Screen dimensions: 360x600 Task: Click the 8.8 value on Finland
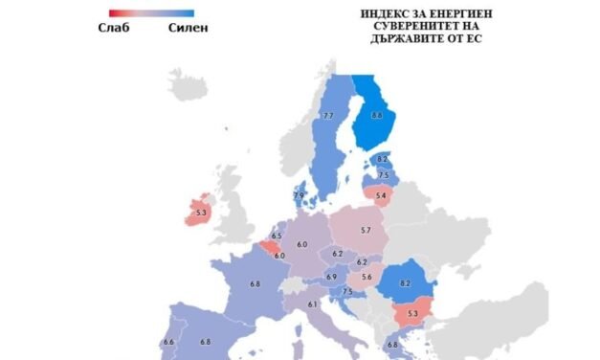[377, 116]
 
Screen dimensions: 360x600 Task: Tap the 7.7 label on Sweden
[327, 116]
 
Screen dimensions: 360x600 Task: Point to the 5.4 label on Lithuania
[380, 196]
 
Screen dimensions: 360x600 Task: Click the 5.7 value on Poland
[366, 231]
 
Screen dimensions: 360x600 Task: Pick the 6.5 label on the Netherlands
[277, 236]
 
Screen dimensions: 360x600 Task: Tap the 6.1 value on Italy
[312, 304]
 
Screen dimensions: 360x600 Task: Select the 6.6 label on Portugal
[168, 342]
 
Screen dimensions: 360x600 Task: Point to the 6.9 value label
[331, 277]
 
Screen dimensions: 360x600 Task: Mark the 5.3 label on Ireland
[200, 214]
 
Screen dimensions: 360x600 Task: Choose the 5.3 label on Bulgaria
[412, 313]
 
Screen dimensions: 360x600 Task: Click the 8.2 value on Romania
[404, 284]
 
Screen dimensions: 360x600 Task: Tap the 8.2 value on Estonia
[382, 159]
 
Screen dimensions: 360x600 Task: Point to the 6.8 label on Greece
[391, 345]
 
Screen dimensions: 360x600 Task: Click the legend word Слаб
[113, 27]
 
